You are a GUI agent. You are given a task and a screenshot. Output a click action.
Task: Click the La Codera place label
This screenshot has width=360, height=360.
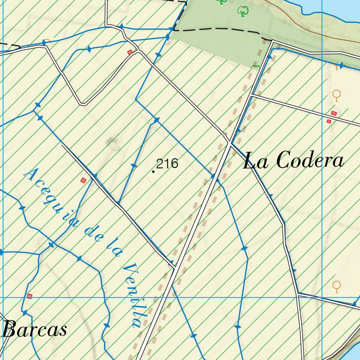(x=294, y=161)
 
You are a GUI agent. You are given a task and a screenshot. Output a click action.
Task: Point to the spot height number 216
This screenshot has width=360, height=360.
(x=167, y=163)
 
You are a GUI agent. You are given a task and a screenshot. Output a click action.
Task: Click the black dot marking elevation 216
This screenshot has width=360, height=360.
(x=153, y=172)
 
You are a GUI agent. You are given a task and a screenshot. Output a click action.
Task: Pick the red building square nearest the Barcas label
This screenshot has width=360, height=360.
(x=30, y=296)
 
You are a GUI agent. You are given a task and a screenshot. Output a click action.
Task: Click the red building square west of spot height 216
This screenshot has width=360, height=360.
(x=83, y=180)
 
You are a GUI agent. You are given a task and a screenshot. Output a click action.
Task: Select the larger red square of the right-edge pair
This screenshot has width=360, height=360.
(x=334, y=113)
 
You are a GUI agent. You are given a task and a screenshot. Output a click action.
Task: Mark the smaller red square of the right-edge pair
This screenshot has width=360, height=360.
(x=329, y=121)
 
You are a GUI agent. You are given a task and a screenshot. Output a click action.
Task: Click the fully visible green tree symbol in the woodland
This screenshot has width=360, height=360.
(x=242, y=11)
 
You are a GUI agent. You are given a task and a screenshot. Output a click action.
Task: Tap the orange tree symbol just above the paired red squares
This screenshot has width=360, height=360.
(x=337, y=95)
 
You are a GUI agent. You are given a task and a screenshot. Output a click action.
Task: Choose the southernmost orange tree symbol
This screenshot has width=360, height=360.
(x=337, y=286)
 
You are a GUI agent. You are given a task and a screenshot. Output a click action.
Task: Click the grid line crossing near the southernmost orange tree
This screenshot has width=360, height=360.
(x=322, y=297)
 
